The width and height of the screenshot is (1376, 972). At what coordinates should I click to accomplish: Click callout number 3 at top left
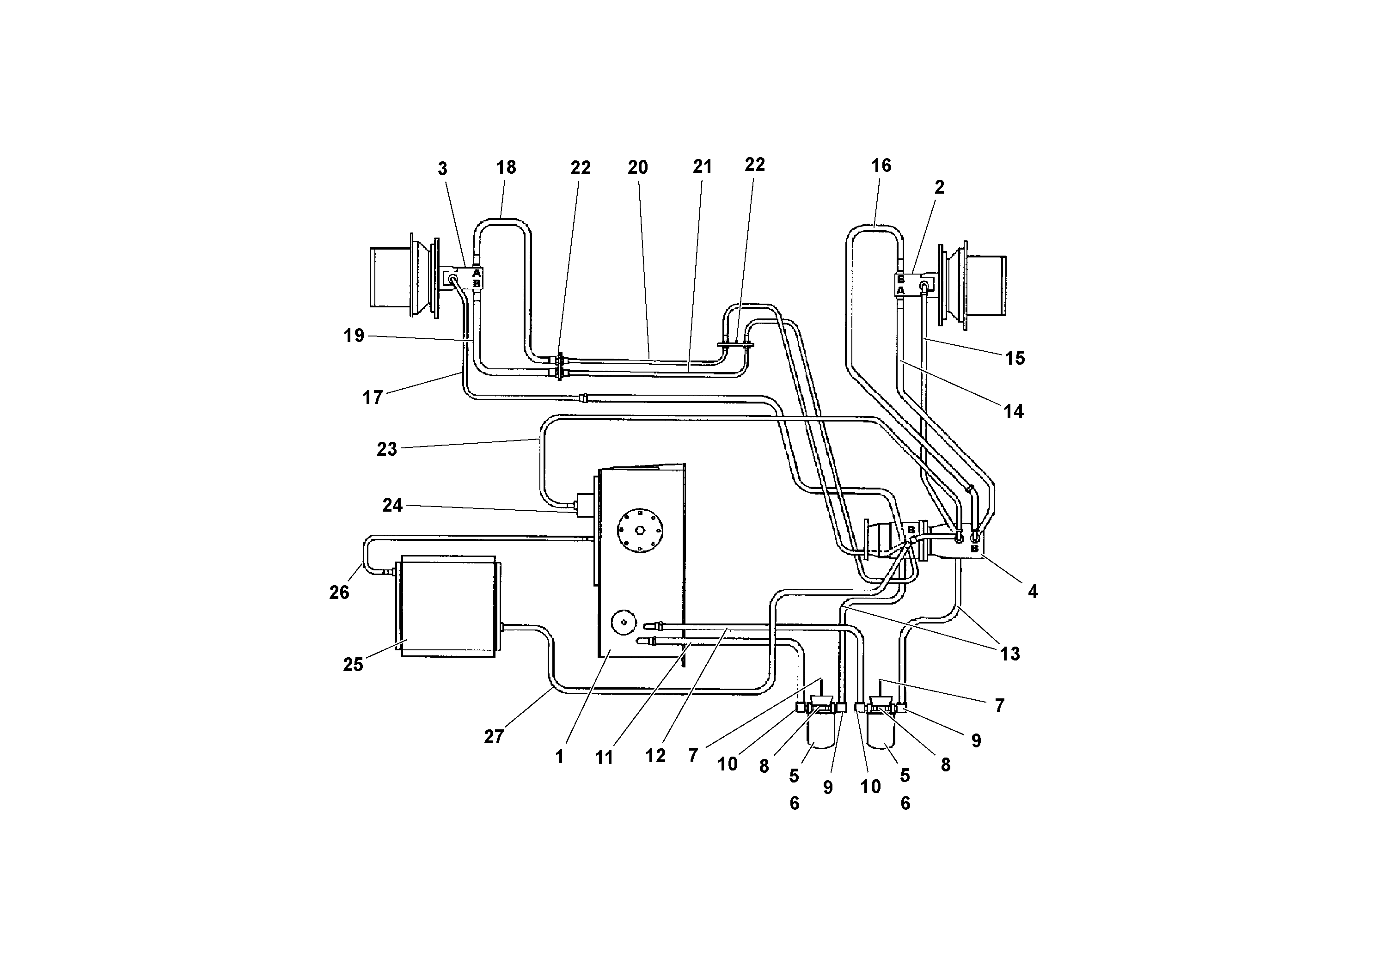pyautogui.click(x=442, y=170)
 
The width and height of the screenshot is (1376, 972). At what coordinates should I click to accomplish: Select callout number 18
pyautogui.click(x=506, y=168)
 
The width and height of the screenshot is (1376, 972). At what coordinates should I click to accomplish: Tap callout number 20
pyautogui.click(x=638, y=168)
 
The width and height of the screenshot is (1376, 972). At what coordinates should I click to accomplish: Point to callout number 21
pyautogui.click(x=703, y=167)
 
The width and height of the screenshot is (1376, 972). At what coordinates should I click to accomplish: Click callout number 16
pyautogui.click(x=881, y=166)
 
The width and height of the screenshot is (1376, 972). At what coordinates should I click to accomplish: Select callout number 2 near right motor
pyautogui.click(x=939, y=188)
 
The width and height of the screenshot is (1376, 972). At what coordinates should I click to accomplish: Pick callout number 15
pyautogui.click(x=1015, y=358)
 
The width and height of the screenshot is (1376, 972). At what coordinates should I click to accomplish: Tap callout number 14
pyautogui.click(x=1014, y=412)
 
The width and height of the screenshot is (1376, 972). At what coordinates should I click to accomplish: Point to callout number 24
pyautogui.click(x=392, y=506)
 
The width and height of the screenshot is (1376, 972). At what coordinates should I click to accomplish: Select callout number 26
pyautogui.click(x=339, y=593)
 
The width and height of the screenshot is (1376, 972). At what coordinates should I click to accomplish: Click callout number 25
pyautogui.click(x=353, y=665)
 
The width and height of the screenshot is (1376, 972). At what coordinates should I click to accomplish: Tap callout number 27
pyautogui.click(x=493, y=737)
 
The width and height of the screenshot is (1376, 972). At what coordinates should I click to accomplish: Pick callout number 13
pyautogui.click(x=1010, y=654)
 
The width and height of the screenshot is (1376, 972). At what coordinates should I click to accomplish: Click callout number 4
pyautogui.click(x=1033, y=592)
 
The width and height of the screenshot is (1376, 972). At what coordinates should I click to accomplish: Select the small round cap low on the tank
pyautogui.click(x=623, y=623)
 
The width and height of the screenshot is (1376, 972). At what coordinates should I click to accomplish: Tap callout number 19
pyautogui.click(x=354, y=336)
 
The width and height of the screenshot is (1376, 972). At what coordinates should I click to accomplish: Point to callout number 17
pyautogui.click(x=372, y=397)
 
